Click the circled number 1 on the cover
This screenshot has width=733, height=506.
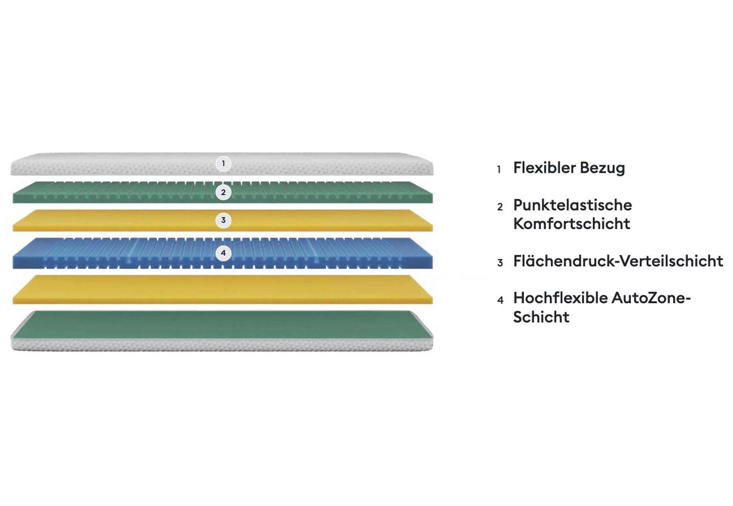[223, 164]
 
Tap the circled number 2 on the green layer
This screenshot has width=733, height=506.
[223, 192]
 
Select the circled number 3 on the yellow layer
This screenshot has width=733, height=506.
[223, 220]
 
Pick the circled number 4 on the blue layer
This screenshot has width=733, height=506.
[223, 253]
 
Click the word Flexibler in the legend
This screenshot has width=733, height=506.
[544, 168]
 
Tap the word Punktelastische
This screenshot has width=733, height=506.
[573, 205]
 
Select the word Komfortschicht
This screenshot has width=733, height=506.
[572, 224]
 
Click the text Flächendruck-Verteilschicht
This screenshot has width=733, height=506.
[618, 261]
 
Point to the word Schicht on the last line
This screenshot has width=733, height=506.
[541, 317]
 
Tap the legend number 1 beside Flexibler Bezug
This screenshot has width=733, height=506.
[499, 169]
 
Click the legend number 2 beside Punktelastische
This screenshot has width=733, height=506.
[500, 207]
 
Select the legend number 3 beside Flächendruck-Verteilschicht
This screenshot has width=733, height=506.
[500, 263]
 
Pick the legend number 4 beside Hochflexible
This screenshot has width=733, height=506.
[500, 300]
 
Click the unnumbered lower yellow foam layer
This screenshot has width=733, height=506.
[223, 289]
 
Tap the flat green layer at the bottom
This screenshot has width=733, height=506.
[223, 324]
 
